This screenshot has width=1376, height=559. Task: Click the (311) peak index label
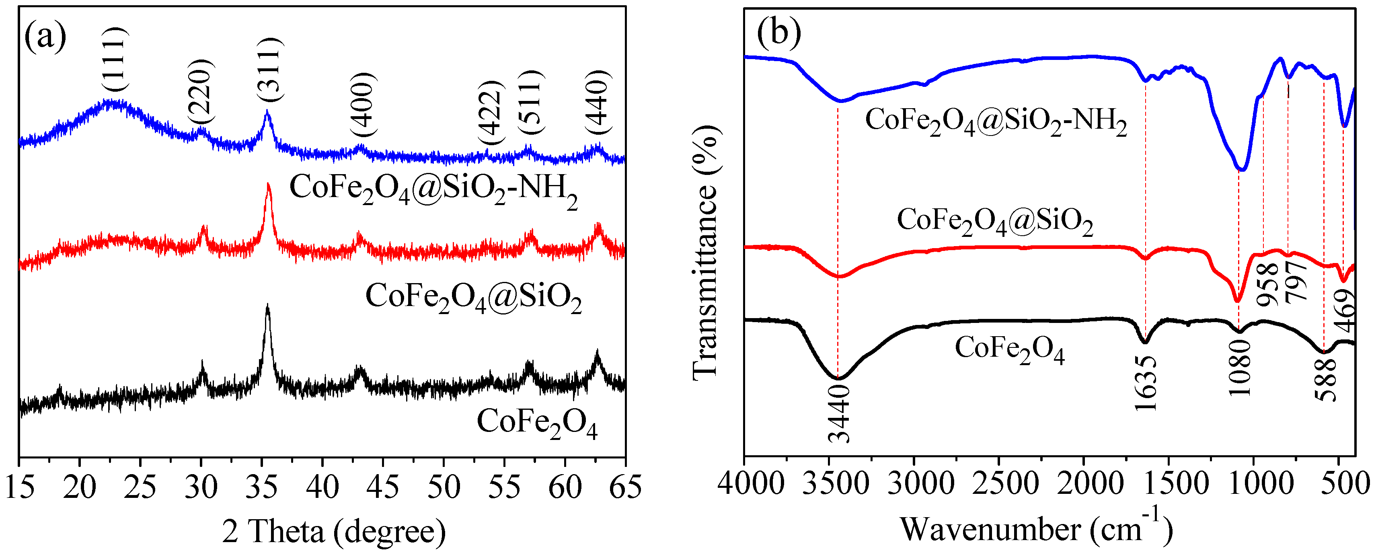pyautogui.click(x=269, y=70)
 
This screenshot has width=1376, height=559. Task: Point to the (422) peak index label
pyautogui.click(x=491, y=113)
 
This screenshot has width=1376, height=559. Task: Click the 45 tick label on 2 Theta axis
pyautogui.click(x=382, y=487)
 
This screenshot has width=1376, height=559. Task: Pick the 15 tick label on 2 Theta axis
pyautogui.click(x=20, y=487)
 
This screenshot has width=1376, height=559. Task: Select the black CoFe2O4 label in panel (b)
pyautogui.click(x=1010, y=350)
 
